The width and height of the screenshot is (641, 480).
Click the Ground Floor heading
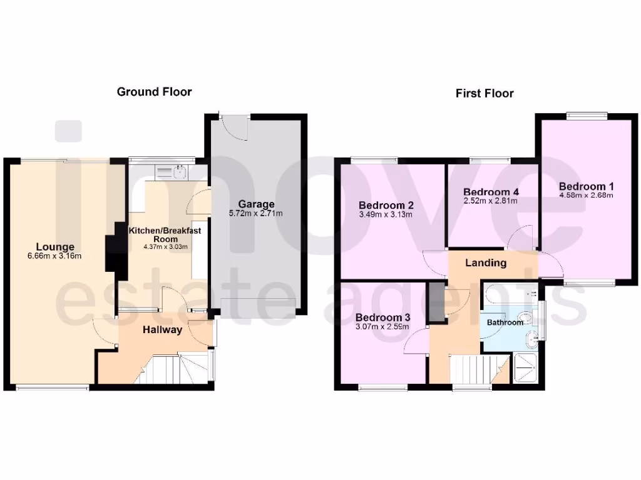(154, 92)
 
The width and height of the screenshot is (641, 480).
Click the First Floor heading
(485, 93)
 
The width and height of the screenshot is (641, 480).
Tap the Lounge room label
(54, 247)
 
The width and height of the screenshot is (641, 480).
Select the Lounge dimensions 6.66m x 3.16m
(54, 256)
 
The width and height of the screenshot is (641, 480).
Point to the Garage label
(255, 204)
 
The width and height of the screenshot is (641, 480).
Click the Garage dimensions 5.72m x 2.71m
(255, 214)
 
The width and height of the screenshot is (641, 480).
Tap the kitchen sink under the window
(178, 170)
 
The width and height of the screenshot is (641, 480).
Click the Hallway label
(162, 329)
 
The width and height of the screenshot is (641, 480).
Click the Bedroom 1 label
(586, 186)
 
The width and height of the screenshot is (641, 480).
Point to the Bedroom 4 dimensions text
(490, 201)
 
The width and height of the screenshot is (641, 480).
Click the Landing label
(486, 262)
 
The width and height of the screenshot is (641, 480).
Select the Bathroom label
(505, 322)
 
